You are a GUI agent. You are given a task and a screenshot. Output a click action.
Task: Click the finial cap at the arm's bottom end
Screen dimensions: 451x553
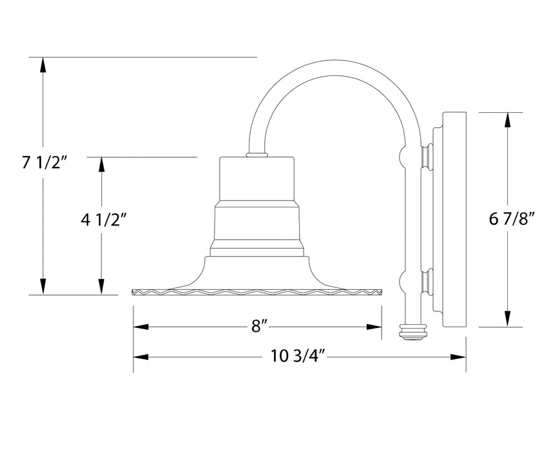coord(412,332)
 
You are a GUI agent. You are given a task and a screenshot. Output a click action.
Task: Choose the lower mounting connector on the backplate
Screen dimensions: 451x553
coord(426,281)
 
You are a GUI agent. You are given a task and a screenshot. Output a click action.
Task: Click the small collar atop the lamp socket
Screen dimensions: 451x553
coord(257,155)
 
